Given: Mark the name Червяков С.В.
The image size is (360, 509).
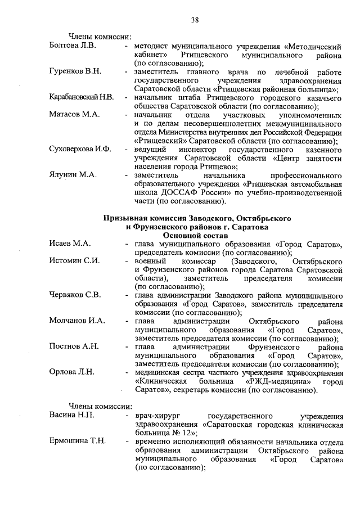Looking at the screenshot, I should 75,295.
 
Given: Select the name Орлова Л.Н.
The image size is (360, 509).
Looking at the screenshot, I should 71,373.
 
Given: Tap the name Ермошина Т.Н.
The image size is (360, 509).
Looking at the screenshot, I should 76,442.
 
